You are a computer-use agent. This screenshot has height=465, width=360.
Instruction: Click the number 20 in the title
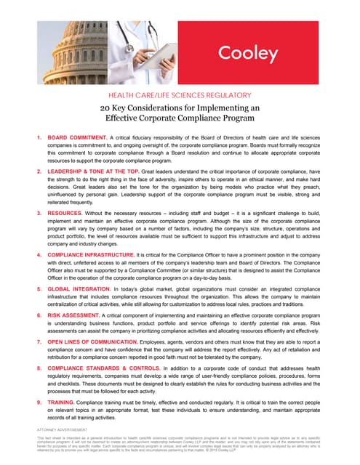pos(106,108)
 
